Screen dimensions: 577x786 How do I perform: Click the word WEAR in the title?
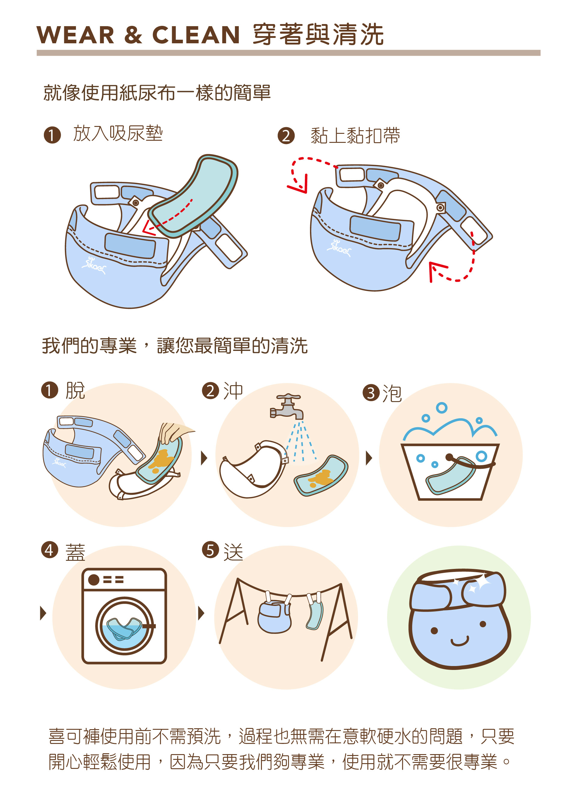pos(75,35)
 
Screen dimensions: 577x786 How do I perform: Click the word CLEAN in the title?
pos(196,35)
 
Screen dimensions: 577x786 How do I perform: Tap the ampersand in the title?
pos(133,35)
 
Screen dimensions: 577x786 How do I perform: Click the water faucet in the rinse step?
pos(287,406)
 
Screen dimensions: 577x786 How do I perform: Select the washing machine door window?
pos(125,626)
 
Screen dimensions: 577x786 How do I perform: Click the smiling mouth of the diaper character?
pos(460,642)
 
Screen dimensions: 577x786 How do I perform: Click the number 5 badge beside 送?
pos(210,550)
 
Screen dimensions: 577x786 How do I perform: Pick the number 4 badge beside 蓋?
pos(50,550)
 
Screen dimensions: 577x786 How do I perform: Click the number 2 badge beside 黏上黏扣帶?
pos(286,136)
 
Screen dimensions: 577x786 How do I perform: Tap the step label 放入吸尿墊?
pos(118,134)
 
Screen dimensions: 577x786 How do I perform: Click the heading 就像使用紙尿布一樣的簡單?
pos(157,93)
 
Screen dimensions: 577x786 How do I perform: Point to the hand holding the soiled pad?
pos(174,432)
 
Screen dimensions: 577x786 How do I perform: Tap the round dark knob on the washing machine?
pos(94,580)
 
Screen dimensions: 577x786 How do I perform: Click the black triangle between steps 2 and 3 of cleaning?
pos(369,458)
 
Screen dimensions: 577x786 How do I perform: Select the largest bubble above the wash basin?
pos(442,408)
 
